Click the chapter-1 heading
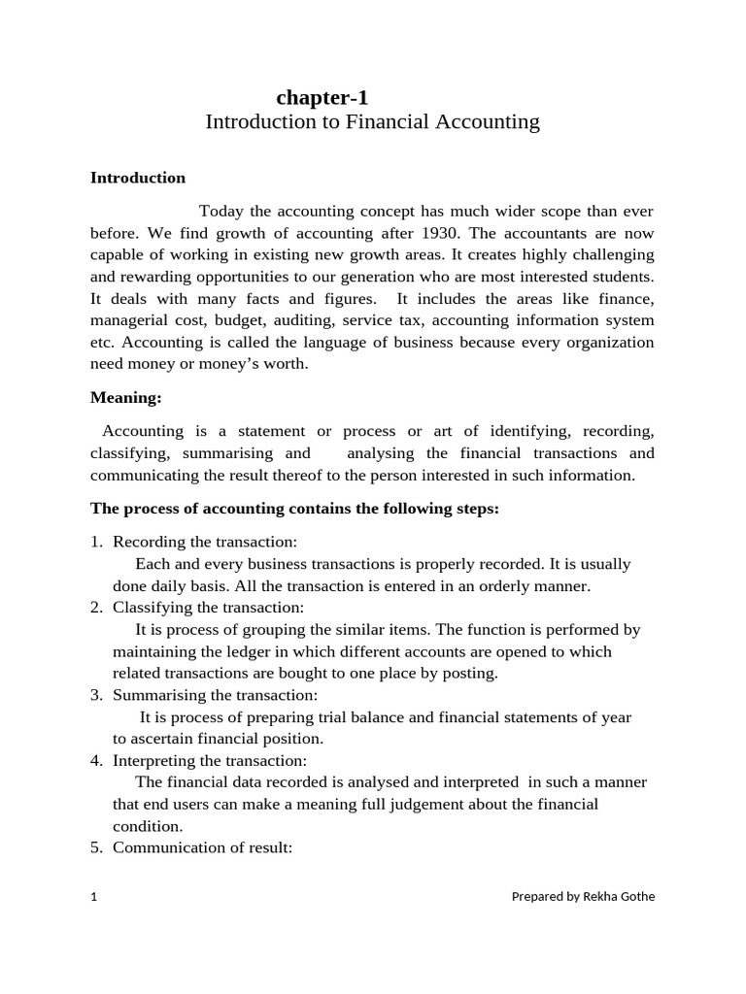pos(322,97)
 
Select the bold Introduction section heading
pos(138,178)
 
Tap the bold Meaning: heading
pos(125,397)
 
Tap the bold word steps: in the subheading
pos(475,509)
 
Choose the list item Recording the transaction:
pos(205,542)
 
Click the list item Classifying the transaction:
pos(208,608)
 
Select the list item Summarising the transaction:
pos(215,695)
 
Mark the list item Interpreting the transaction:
pos(210,761)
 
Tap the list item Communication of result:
pos(203,847)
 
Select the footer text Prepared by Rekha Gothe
pos(583,897)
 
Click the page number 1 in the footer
pos(94,897)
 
